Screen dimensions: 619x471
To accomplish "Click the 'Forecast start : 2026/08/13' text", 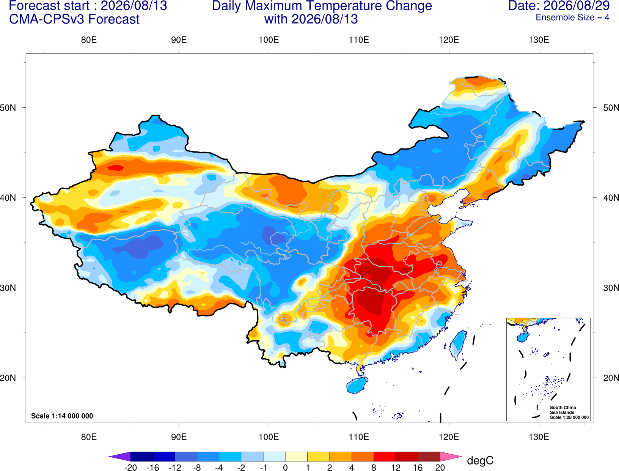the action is click(88, 6).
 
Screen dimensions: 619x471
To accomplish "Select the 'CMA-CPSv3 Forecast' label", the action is click(74, 19).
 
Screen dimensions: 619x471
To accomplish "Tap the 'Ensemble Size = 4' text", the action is click(572, 17).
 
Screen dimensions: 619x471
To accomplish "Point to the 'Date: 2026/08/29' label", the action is click(559, 6).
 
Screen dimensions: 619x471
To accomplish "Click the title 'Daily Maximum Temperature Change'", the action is click(322, 6).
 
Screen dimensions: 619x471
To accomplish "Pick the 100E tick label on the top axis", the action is click(269, 40).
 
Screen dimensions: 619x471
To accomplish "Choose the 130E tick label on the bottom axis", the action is click(539, 437).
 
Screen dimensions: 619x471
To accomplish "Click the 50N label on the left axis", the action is click(8, 107).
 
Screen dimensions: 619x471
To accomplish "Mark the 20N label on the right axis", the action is click(611, 378).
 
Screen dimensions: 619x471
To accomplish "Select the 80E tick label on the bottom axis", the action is click(89, 437).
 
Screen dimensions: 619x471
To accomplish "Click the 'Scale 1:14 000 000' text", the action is click(62, 416).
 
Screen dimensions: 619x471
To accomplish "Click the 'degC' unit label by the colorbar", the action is click(480, 460).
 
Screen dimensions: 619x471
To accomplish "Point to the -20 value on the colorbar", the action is click(130, 468).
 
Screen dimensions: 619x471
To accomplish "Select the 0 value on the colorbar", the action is click(285, 468).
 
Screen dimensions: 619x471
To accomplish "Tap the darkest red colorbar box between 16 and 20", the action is click(429, 456).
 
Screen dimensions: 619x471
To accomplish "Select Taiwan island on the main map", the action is click(458, 345).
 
